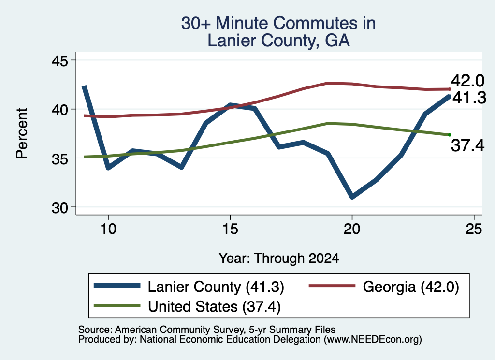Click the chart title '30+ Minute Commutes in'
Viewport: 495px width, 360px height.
(x=278, y=23)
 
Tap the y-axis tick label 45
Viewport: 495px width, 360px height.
(x=59, y=60)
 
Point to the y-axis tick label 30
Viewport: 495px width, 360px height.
(x=59, y=208)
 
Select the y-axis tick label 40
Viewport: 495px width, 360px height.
(x=59, y=110)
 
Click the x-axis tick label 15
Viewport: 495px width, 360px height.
(x=230, y=229)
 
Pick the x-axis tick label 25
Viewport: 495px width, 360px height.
(x=474, y=229)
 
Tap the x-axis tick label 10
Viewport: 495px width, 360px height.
(x=108, y=229)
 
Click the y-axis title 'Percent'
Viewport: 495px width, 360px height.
(x=22, y=133)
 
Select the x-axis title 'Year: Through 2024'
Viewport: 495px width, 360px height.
(x=279, y=258)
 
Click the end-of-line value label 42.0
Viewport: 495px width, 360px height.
(x=467, y=81)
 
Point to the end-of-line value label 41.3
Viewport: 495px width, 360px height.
(x=469, y=98)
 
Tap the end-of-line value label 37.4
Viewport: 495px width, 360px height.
(x=467, y=145)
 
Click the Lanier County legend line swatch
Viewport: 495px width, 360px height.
(x=117, y=286)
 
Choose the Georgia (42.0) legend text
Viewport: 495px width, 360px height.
(x=411, y=287)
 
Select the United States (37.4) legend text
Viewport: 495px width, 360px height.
(x=214, y=307)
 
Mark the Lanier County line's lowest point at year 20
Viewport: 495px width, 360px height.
(x=352, y=197)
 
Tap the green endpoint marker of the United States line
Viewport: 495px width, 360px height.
(x=450, y=135)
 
